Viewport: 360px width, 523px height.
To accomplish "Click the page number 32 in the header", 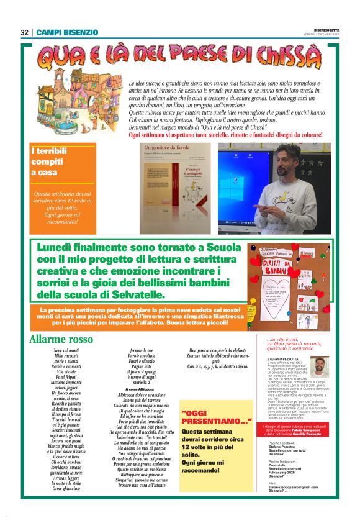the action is pos(24,32).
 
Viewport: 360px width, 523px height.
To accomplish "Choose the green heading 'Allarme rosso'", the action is pos(61,339).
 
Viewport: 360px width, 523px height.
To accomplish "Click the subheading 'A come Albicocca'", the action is pos(143,389).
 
